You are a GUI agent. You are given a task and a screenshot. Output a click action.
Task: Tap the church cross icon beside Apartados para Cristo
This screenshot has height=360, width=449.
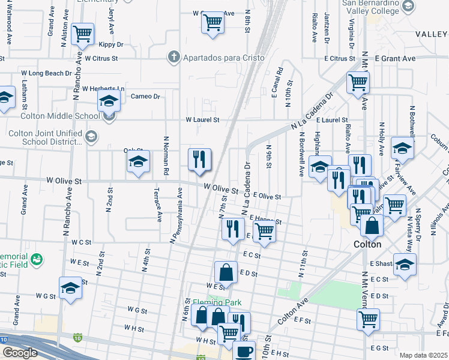(173, 57)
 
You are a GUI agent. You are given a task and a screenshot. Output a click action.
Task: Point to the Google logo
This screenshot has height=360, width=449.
(19, 353)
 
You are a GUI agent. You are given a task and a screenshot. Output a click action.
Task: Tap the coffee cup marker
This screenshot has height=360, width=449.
(244, 352)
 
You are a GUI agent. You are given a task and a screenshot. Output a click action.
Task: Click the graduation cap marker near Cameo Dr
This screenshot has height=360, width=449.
(109, 101)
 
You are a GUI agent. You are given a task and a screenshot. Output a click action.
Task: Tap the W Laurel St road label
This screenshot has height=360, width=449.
(202, 120)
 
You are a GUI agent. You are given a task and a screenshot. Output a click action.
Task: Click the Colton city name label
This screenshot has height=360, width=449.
(367, 245)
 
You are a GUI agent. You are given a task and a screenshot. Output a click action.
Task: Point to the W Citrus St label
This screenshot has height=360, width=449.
(101, 59)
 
